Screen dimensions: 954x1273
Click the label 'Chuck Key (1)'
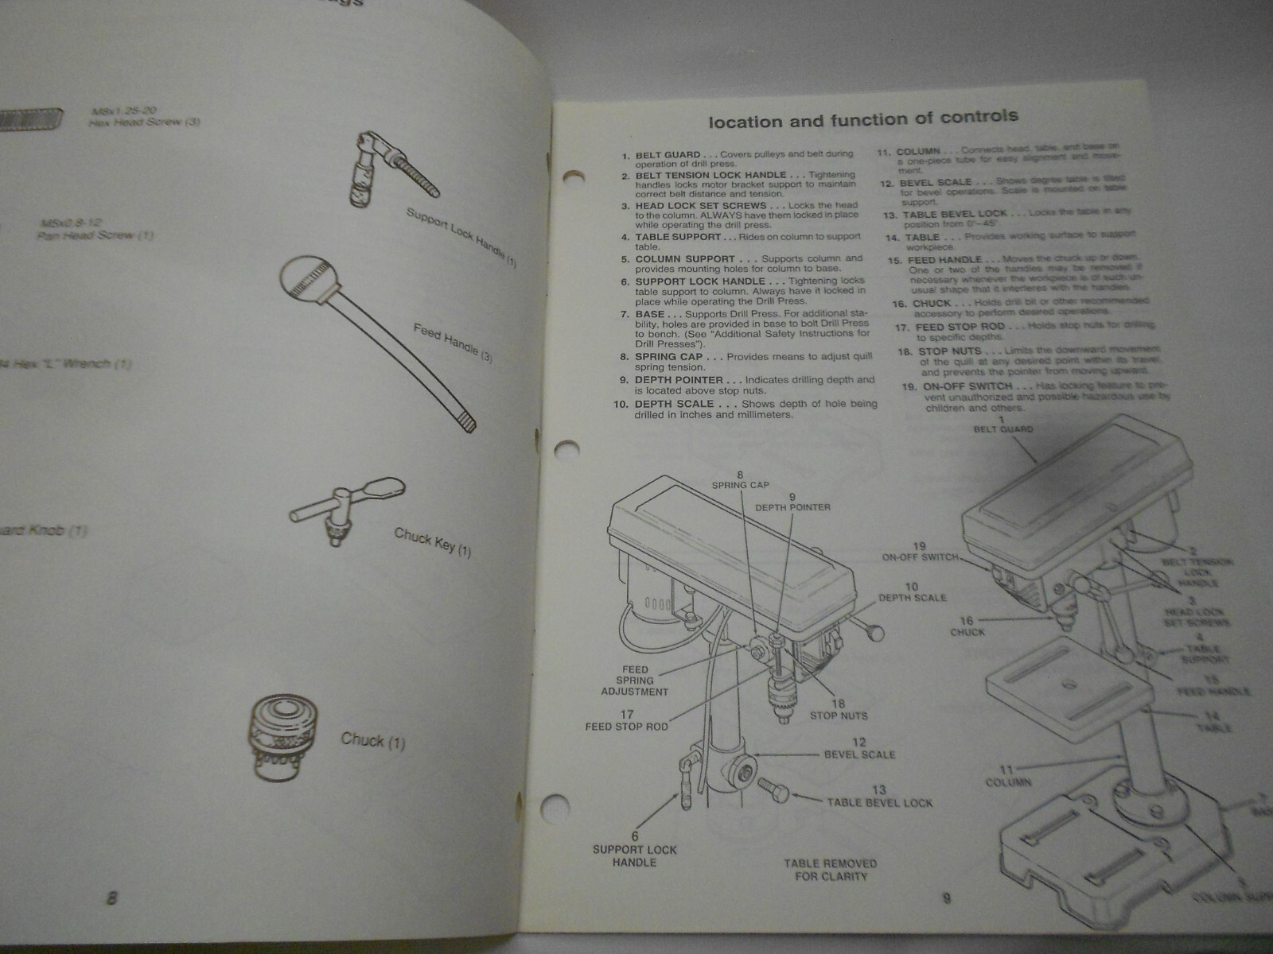pos(432,541)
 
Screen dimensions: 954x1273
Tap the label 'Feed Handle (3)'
pos(453,343)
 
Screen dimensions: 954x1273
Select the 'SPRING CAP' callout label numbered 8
pos(740,479)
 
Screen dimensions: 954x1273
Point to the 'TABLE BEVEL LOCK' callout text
pos(878,797)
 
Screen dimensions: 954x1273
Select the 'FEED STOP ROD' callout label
pos(626,720)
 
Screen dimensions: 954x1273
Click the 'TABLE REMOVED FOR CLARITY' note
pos(830,870)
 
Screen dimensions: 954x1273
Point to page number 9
pos(946,898)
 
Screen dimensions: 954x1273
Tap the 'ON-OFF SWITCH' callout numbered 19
pos(920,552)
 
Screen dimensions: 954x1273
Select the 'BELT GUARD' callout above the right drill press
pos(1003,425)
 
